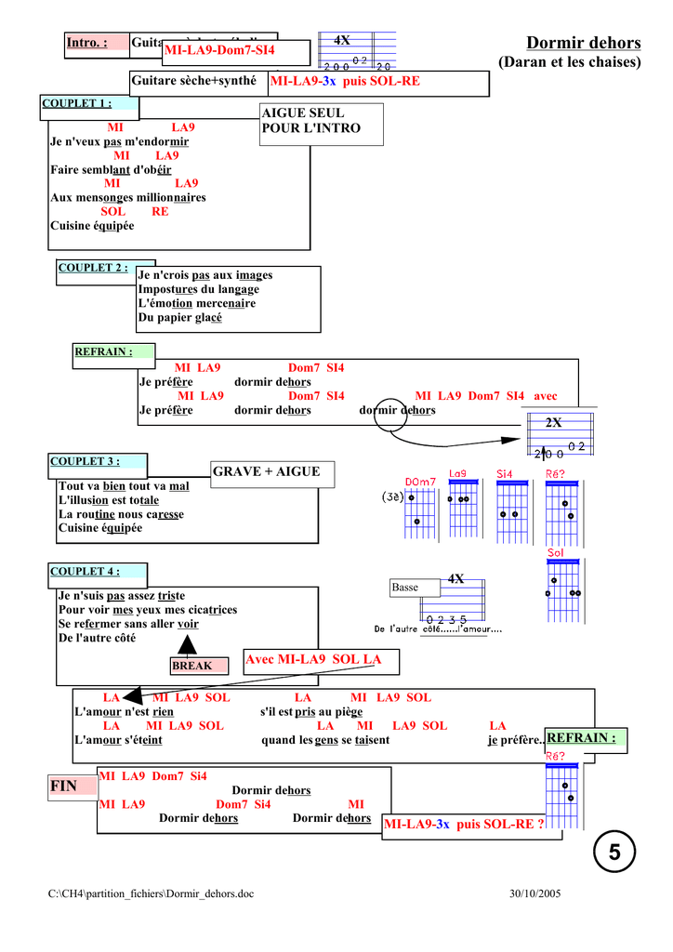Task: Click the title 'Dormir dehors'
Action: click(583, 43)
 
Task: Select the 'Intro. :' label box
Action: click(86, 43)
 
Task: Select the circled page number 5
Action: click(614, 852)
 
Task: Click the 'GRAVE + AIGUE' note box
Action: click(266, 472)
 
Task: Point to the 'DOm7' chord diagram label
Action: click(420, 482)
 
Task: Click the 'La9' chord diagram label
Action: click(457, 473)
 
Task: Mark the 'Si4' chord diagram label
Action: click(505, 473)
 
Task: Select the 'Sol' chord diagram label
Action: click(556, 553)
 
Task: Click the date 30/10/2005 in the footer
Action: click(535, 893)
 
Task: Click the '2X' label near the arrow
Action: click(553, 423)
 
